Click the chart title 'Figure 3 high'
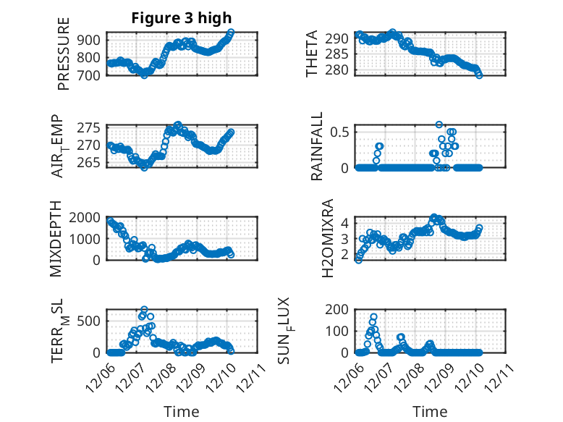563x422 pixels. pos(182,18)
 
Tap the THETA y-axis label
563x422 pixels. pos(313,54)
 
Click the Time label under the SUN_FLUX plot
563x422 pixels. pos(430,411)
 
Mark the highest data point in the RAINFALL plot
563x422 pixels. pos(439,125)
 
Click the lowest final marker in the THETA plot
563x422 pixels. pos(479,75)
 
